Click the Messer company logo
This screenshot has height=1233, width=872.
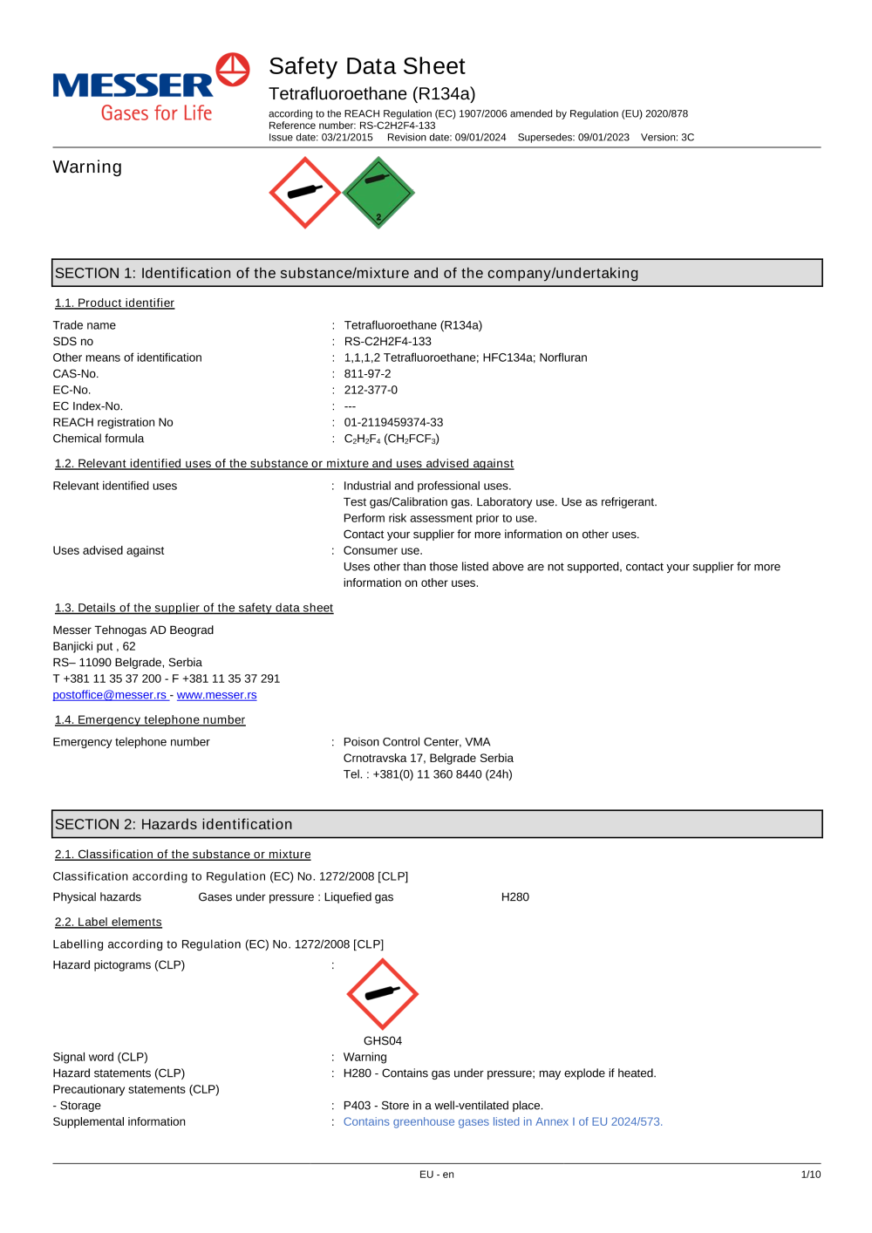[151, 88]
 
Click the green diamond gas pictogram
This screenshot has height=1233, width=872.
[378, 193]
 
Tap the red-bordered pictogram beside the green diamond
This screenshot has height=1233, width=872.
[304, 193]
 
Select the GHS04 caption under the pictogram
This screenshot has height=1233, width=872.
[382, 1041]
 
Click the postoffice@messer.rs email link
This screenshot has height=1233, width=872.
[109, 695]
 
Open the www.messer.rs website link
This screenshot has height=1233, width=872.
[216, 695]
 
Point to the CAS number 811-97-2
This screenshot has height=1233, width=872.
[367, 374]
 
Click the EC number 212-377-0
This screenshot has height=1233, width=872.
[371, 390]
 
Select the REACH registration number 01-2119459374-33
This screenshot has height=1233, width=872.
[393, 423]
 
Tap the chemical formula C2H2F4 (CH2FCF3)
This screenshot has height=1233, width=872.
[392, 439]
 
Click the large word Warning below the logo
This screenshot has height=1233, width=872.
[87, 167]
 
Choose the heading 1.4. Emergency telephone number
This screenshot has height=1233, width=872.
[150, 720]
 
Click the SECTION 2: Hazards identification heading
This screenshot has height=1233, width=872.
[174, 825]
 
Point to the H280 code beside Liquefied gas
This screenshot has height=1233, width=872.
[514, 897]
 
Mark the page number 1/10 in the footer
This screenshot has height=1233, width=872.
[810, 1175]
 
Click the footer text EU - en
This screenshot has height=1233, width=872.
[436, 1175]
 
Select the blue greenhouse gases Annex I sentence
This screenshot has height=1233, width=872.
[502, 1122]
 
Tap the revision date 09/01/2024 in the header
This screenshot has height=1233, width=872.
[480, 138]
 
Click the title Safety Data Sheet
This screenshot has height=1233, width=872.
[366, 66]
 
